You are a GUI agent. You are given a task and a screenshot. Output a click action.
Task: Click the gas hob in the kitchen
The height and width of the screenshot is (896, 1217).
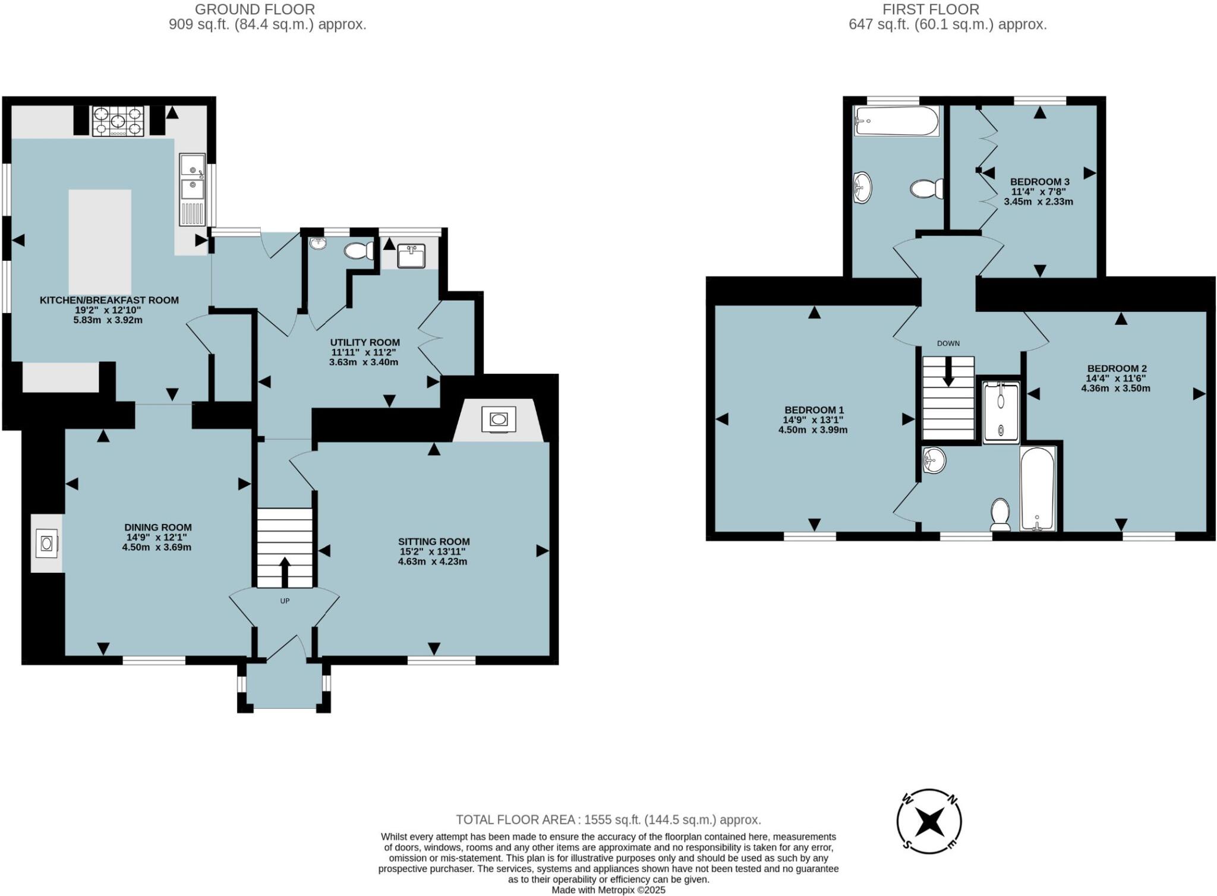118,121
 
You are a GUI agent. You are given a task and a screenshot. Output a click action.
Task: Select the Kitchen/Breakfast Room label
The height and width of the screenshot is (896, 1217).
109,300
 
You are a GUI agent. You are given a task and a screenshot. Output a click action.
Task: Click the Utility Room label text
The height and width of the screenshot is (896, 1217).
365,342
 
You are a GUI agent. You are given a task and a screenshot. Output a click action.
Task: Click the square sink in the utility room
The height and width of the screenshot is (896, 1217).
411,257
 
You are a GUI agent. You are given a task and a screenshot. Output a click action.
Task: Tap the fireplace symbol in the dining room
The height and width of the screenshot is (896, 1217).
47,543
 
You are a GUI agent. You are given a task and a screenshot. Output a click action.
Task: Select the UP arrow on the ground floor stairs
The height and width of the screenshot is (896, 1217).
284,572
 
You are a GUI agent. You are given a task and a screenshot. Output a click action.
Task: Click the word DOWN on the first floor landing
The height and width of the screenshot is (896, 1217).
948,343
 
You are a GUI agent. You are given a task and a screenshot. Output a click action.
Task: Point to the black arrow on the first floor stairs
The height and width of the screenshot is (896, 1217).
948,371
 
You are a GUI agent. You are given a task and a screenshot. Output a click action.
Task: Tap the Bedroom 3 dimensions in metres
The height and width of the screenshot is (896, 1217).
1038,201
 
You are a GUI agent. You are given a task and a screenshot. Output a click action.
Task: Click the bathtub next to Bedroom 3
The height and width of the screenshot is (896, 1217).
896,121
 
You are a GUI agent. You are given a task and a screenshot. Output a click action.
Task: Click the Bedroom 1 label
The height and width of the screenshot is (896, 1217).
814,410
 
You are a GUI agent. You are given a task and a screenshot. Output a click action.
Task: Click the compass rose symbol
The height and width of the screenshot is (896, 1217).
929,822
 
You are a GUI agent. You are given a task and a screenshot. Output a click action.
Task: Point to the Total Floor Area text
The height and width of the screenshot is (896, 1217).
608,820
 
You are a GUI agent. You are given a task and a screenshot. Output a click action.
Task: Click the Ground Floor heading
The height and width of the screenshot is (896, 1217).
254,10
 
